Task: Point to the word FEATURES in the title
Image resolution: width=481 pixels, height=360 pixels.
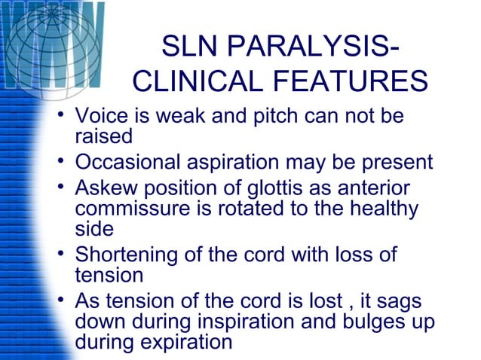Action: (357, 81)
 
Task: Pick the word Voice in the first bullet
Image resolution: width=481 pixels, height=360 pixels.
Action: (103, 117)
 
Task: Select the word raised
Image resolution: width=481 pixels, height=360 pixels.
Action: (103, 137)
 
